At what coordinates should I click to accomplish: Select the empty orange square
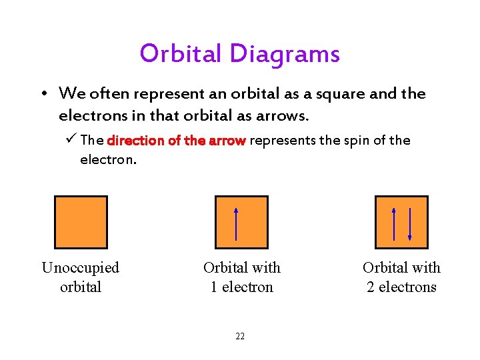pos(81,222)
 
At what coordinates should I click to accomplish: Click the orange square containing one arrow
pos(241,222)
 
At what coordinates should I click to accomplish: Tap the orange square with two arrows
pos(401,222)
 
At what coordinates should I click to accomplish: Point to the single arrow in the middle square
pos(237,223)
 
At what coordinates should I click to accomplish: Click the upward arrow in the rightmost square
pos(394,223)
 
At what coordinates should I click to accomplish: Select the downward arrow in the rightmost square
pos(409,223)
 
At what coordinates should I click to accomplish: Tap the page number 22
pos(240,336)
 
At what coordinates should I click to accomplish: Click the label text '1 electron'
pos(242,287)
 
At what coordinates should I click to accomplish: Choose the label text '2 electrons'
pos(401,287)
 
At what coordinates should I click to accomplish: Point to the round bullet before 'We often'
pos(43,94)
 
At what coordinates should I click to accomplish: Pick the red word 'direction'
pos(136,141)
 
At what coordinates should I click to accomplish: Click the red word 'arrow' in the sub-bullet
pos(228,141)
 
